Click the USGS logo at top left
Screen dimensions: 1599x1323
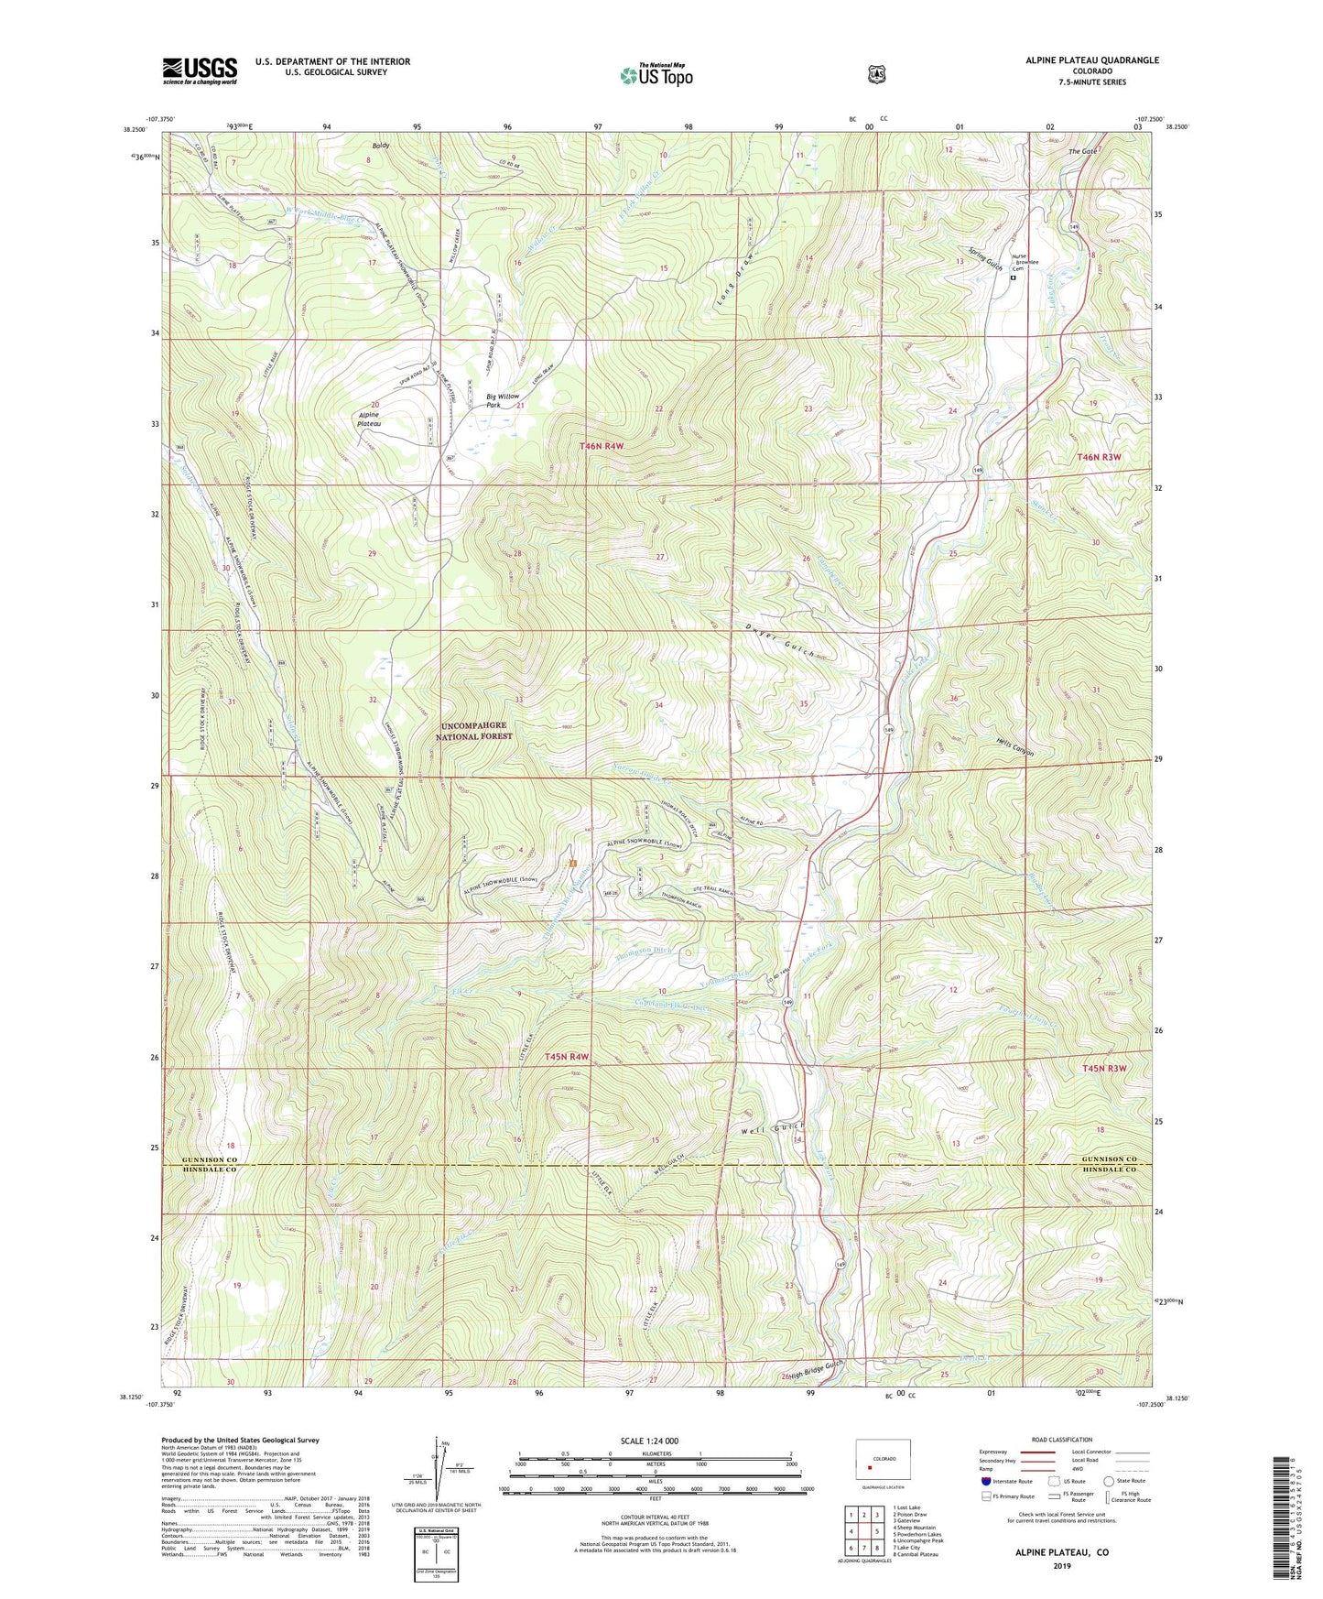(x=200, y=71)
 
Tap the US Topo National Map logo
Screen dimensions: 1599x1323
(x=655, y=74)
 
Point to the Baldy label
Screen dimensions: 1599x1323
(x=380, y=146)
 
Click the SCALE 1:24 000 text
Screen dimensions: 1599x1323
(x=649, y=1441)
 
